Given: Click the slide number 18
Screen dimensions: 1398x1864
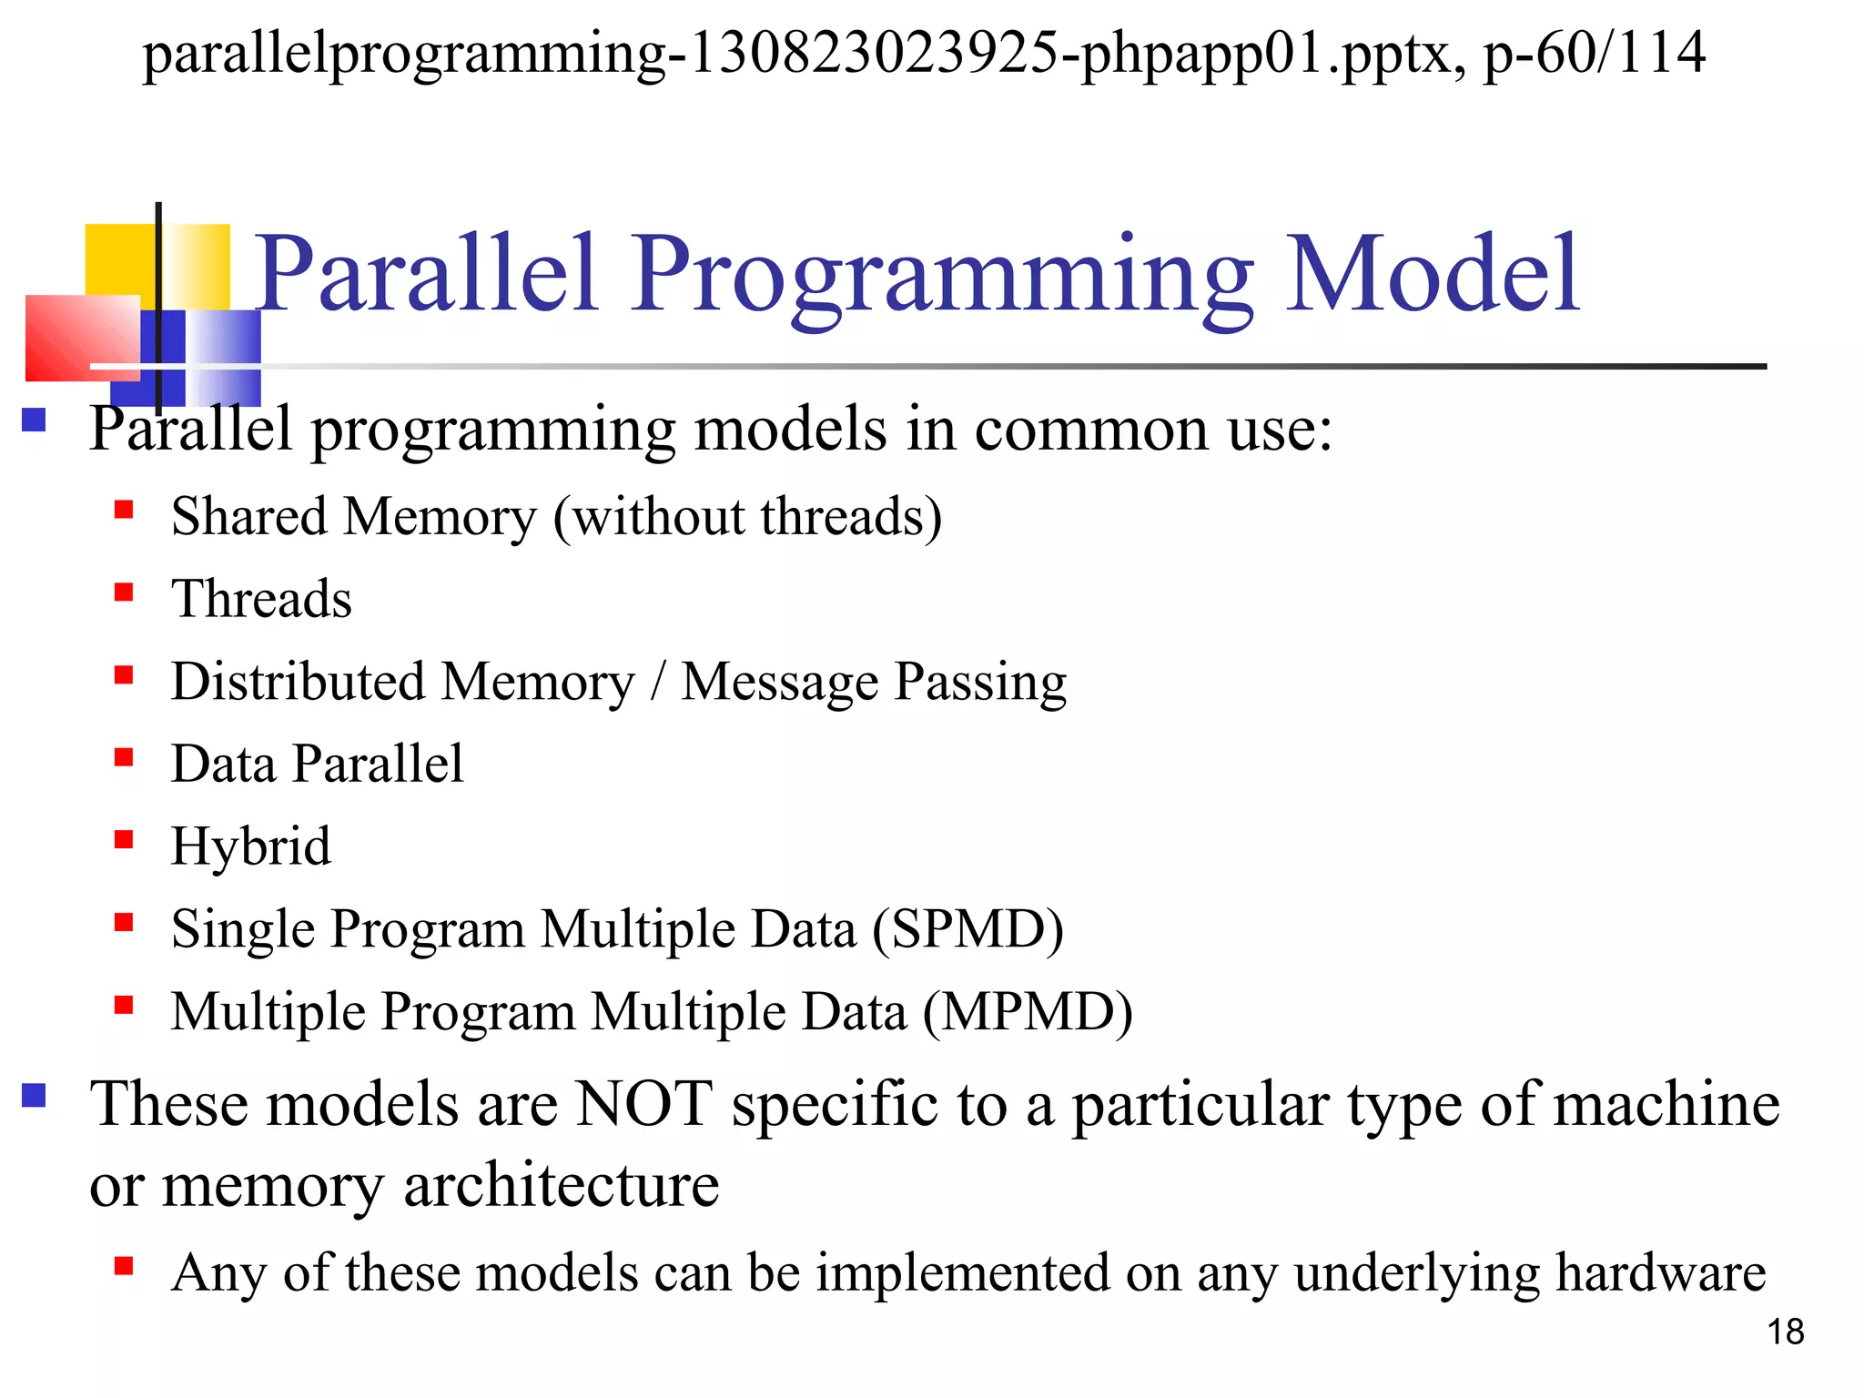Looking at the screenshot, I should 1785,1332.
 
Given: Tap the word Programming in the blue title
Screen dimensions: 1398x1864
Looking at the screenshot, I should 943,278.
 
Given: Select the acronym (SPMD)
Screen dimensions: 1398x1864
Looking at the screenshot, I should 967,929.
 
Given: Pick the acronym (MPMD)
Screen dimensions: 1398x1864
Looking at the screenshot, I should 1028,1012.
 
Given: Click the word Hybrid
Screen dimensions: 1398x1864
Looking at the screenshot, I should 251,847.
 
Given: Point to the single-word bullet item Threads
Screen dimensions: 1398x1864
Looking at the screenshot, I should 261,599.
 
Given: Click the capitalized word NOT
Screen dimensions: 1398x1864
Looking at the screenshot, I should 644,1104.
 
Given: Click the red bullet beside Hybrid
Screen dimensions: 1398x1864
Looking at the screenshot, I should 124,839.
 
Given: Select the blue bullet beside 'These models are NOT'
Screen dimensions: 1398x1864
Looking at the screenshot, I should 34,1094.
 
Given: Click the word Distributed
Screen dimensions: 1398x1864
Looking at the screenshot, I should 298,682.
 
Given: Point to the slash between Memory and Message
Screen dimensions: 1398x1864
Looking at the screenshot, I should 658,682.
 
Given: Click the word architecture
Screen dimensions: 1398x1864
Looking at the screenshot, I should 561,1186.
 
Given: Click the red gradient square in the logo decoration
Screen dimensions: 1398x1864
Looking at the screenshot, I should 82,338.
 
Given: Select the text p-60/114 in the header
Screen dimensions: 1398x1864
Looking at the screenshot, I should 1594,53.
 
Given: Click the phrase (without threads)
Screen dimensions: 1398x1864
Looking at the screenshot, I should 747,517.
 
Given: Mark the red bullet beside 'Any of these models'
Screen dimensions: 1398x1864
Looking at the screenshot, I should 124,1265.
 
